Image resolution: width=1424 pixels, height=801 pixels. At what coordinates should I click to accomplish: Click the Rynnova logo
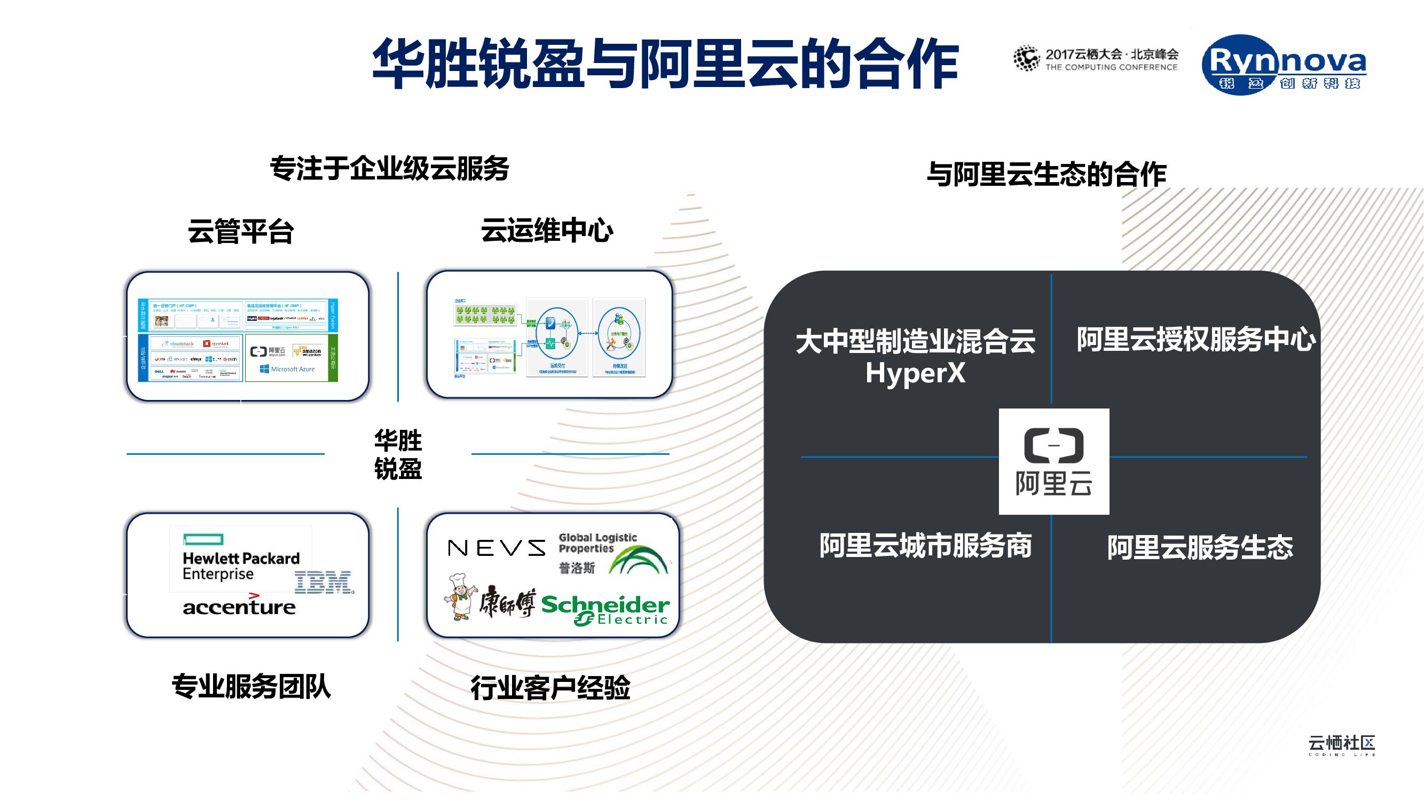pyautogui.click(x=1284, y=65)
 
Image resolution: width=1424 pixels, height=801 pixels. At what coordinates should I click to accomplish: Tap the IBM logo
pyautogui.click(x=324, y=583)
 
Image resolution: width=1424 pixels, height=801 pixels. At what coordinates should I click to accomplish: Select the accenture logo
pyautogui.click(x=239, y=607)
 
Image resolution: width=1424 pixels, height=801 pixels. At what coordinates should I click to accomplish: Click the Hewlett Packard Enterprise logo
pyautogui.click(x=240, y=559)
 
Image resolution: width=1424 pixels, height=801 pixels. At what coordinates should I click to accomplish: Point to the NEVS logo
pyautogui.click(x=496, y=548)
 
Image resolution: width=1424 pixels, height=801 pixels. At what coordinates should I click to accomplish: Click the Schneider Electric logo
pyautogui.click(x=606, y=610)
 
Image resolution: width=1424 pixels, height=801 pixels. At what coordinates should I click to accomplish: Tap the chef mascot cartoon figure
pyautogui.click(x=460, y=597)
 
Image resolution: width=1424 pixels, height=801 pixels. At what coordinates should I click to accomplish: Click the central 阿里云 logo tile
pyautogui.click(x=1053, y=461)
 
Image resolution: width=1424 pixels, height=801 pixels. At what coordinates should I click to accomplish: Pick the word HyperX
pyautogui.click(x=915, y=373)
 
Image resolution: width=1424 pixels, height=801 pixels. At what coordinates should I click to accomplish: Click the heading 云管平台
pyautogui.click(x=240, y=231)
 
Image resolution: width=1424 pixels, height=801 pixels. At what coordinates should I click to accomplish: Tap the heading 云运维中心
pyautogui.click(x=547, y=231)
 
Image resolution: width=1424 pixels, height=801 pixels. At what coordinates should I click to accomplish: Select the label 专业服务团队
pyautogui.click(x=251, y=687)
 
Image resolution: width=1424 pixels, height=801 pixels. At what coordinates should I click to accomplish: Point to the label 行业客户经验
pyautogui.click(x=550, y=688)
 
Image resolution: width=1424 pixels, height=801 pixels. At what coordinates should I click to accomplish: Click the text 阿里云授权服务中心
pyautogui.click(x=1196, y=340)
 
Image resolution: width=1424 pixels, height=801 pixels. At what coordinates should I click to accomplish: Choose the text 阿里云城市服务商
pyautogui.click(x=925, y=546)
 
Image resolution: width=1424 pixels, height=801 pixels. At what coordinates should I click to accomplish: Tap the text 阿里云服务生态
pyautogui.click(x=1200, y=548)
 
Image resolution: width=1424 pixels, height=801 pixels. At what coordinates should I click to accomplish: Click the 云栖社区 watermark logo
pyautogui.click(x=1342, y=745)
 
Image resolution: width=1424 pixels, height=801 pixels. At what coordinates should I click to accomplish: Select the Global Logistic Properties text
pyautogui.click(x=597, y=543)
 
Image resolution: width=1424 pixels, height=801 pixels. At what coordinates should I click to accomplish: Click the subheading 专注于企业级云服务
pyautogui.click(x=390, y=169)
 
